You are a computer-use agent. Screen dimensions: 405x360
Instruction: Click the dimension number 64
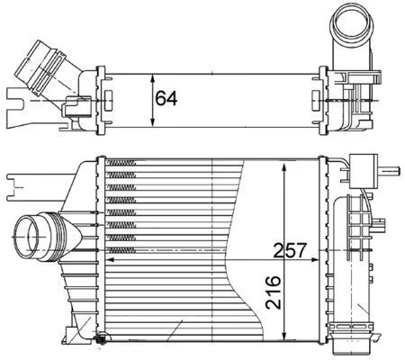(166, 98)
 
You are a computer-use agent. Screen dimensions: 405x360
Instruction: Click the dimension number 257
(291, 250)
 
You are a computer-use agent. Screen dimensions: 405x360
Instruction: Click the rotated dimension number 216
(274, 292)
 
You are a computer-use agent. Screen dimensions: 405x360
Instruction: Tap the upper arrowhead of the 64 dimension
(153, 78)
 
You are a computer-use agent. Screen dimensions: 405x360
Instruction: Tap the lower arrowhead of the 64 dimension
(153, 122)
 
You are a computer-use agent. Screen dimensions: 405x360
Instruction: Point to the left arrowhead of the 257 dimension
(111, 260)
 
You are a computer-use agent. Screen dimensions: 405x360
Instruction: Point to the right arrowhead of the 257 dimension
(313, 260)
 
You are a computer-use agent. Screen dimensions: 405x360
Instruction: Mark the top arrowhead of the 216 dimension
(284, 167)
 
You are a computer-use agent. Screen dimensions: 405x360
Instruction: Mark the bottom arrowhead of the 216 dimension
(284, 336)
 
